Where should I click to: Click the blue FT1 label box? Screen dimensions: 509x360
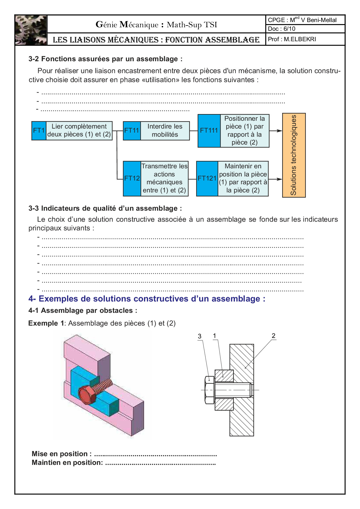click(39, 131)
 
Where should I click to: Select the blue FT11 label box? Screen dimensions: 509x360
click(132, 131)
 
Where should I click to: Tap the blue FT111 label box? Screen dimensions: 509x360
click(209, 131)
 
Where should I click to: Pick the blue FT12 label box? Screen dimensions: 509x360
click(132, 178)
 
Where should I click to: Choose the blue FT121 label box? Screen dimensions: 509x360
click(207, 178)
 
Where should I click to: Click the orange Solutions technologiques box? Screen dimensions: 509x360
click(294, 155)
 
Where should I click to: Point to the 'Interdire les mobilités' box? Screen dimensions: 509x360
click(165, 131)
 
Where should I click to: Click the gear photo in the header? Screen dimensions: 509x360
click(31, 30)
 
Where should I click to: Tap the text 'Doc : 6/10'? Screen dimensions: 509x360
click(282, 29)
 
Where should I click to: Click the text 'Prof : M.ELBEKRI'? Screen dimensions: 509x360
click(292, 39)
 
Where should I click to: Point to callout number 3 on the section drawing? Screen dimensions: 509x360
click(199, 336)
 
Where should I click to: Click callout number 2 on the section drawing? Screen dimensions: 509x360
click(273, 336)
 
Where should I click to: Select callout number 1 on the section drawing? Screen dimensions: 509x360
click(215, 336)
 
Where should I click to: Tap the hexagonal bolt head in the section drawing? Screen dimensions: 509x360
click(209, 390)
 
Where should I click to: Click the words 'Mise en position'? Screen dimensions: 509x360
click(60, 454)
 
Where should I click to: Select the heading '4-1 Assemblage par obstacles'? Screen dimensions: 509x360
click(83, 311)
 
